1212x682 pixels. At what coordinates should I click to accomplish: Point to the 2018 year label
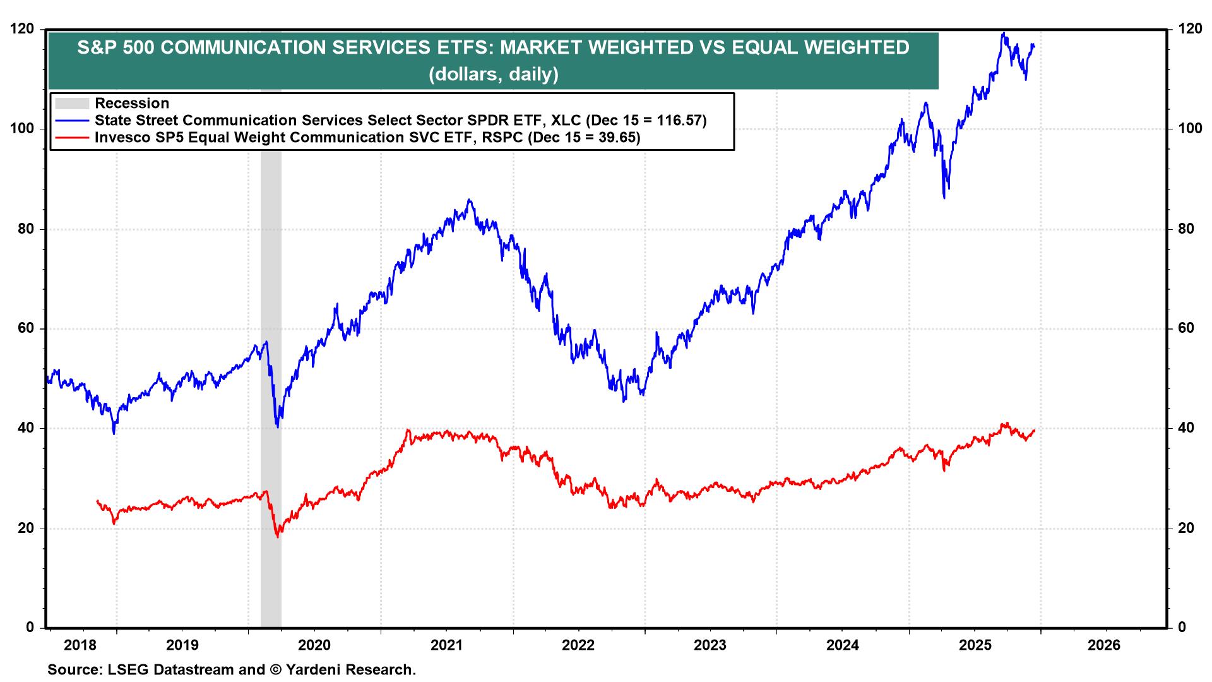tap(80, 645)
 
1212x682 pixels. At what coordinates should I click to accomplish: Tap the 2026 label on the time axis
tap(1104, 645)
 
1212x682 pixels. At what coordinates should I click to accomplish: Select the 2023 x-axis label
tap(710, 645)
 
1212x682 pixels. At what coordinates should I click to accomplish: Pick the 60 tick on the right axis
tap(1186, 328)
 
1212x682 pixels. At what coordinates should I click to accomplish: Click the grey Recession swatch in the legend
tap(72, 104)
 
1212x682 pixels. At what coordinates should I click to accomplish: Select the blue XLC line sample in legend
tap(72, 120)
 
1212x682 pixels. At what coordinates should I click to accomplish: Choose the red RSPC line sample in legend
tap(72, 138)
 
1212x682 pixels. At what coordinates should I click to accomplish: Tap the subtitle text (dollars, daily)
tap(493, 75)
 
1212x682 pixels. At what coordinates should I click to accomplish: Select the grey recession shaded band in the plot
tap(271, 379)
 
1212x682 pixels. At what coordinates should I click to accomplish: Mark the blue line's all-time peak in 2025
tap(1003, 33)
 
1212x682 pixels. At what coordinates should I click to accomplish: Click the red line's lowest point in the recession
tap(278, 537)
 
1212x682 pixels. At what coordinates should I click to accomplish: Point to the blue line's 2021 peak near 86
tap(468, 200)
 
